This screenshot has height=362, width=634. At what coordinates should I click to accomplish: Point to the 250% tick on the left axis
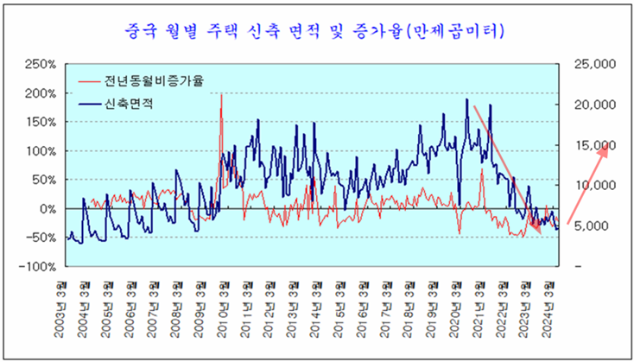pos(41,65)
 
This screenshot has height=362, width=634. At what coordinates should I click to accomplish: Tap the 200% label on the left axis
pos(41,93)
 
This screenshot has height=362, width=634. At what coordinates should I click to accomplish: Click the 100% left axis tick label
pos(41,151)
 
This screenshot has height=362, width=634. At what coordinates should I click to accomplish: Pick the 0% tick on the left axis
pos(48,209)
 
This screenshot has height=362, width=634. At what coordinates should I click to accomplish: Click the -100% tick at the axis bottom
pos(40,266)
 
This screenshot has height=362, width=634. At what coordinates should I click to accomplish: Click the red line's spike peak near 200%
pos(222,94)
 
